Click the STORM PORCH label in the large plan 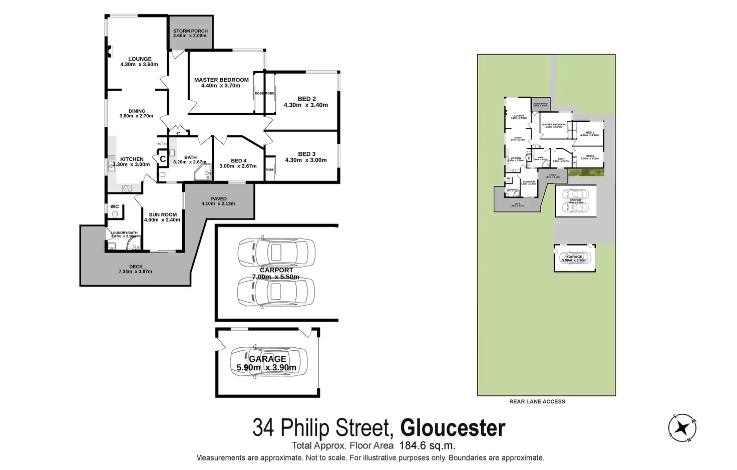pos(190,31)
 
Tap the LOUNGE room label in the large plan pos(139,59)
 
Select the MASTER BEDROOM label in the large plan pos(221,80)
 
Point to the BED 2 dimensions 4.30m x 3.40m pos(305,105)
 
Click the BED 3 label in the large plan pos(306,154)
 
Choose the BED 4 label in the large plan pos(238,161)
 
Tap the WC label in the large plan pos(115,206)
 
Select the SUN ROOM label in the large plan pos(162,214)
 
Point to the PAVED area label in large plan pos(218,199)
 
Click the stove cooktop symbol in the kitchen pos(127,188)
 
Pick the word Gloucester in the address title pos(453,428)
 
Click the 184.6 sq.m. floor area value pos(427,445)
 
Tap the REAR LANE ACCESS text pos(537,401)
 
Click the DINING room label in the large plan pos(137,111)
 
